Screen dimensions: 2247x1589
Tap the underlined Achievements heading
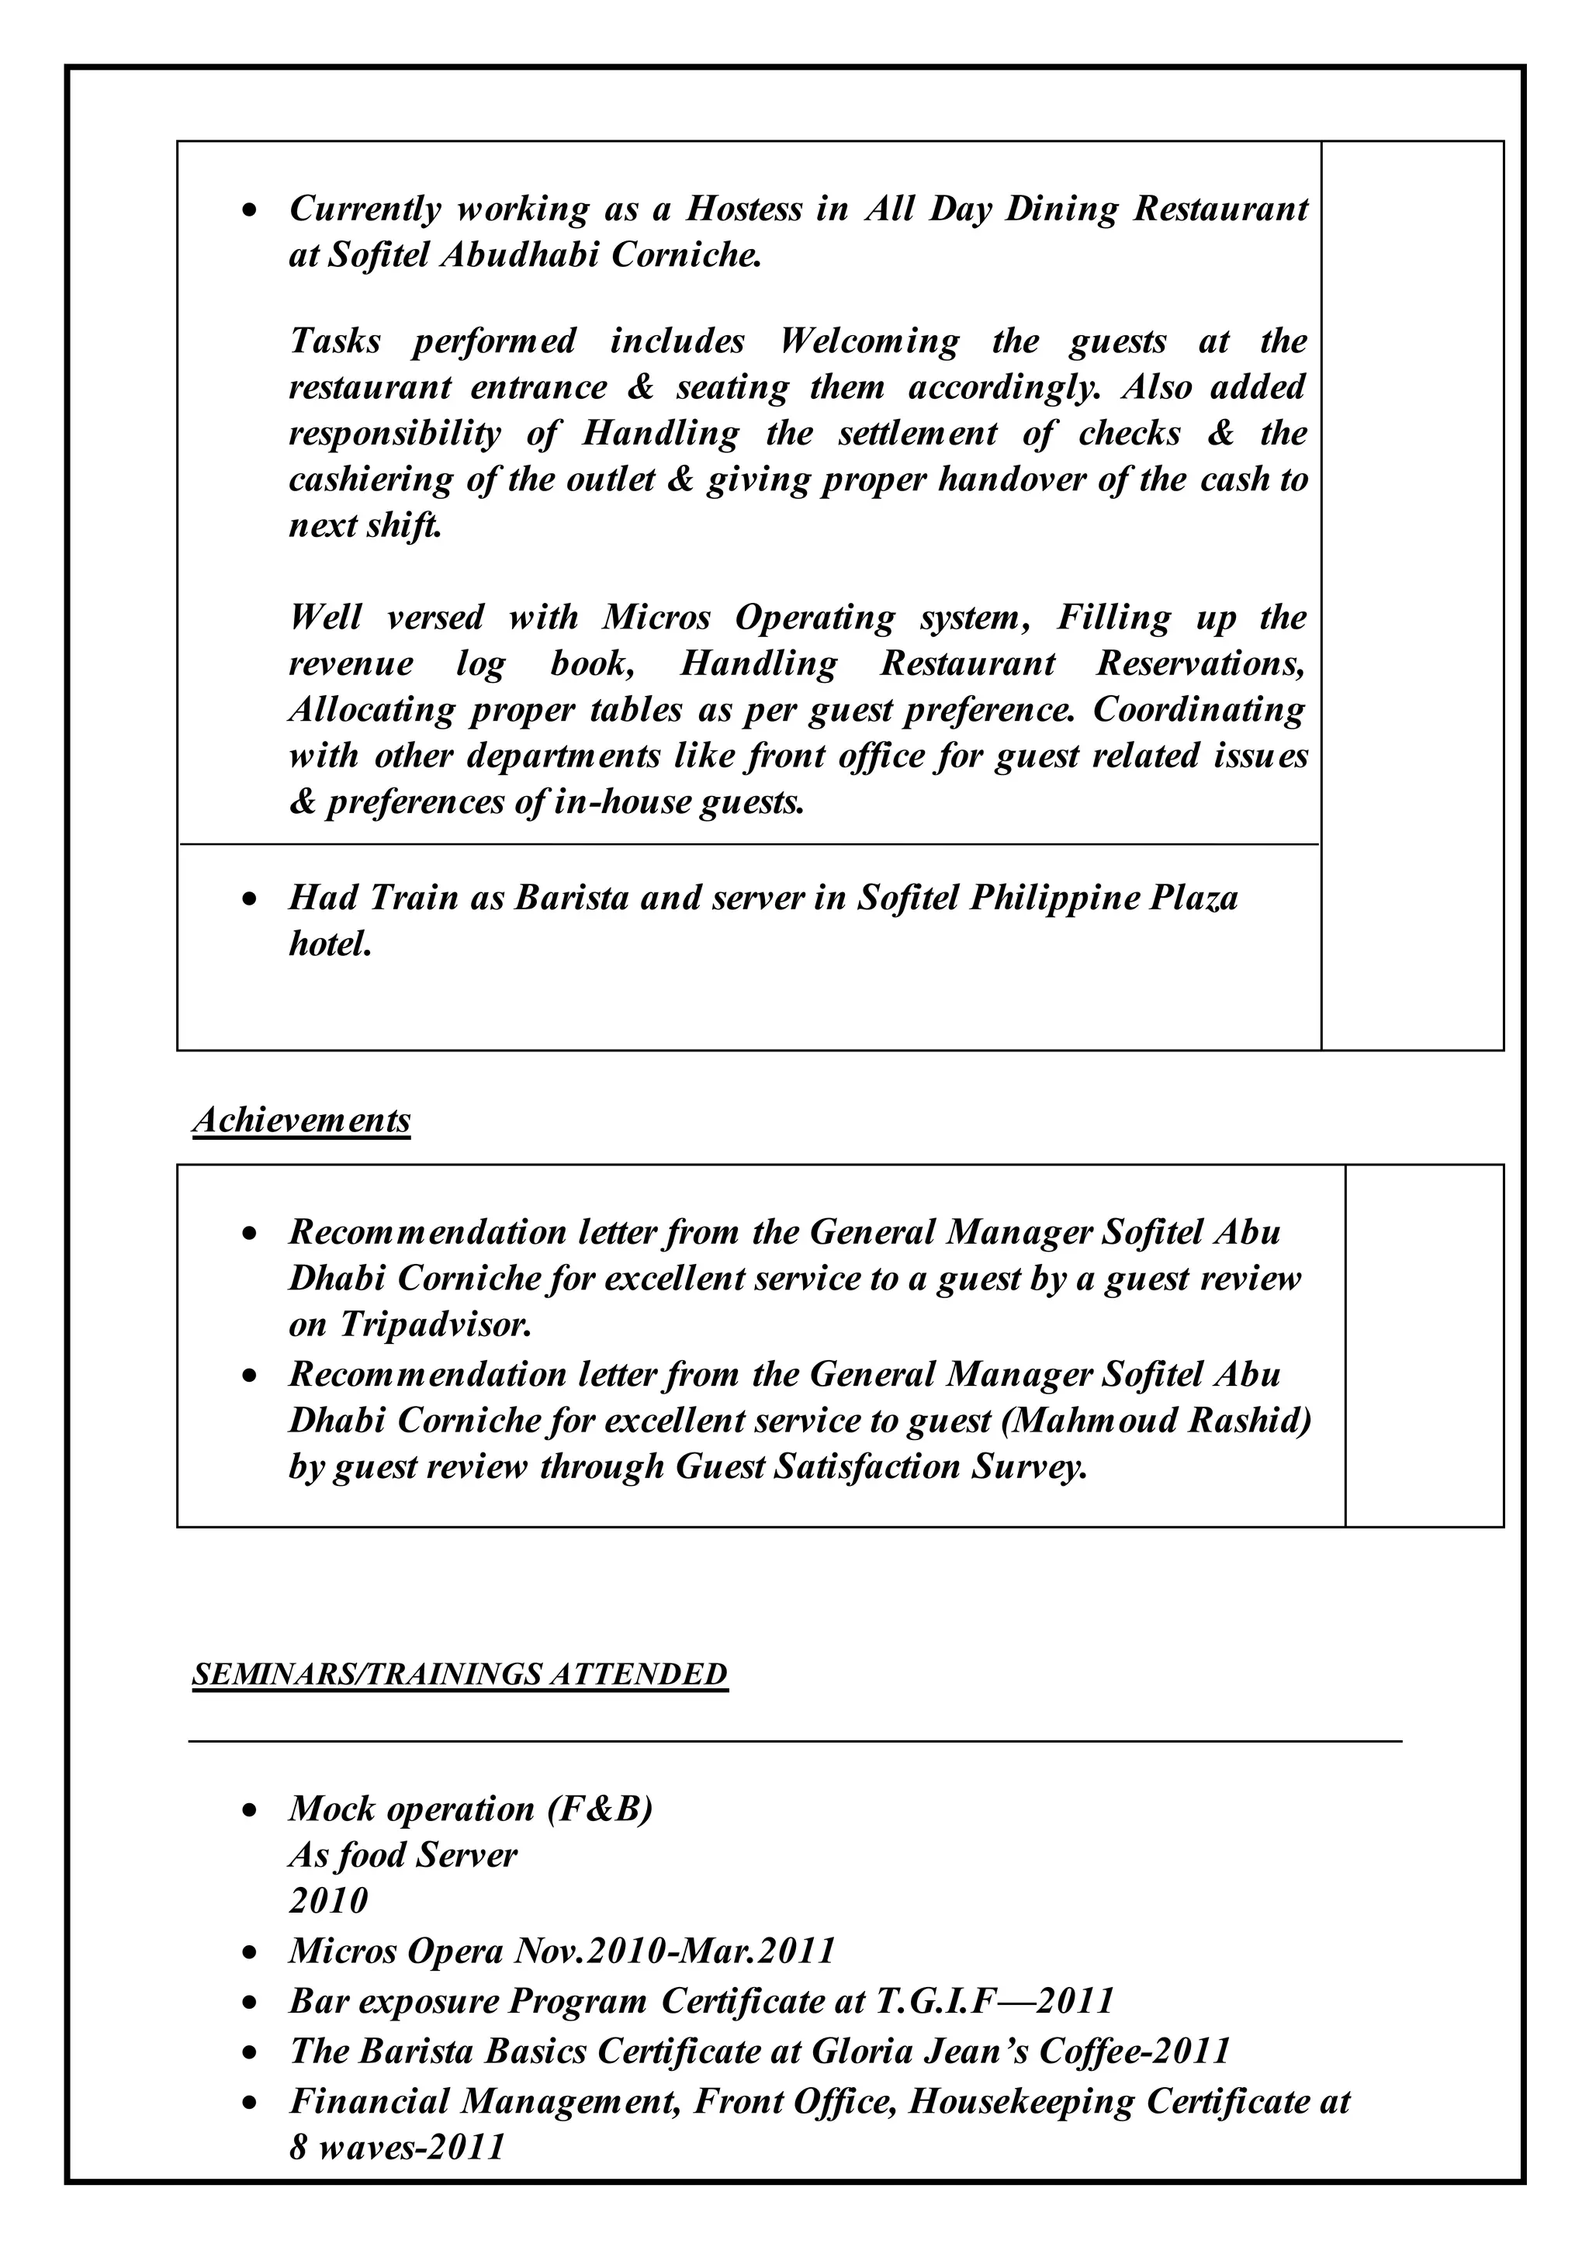[x=301, y=1120]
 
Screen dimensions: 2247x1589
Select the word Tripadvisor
[x=435, y=1324]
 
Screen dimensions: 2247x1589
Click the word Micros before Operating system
[x=659, y=618]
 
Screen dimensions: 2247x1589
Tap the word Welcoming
[x=869, y=341]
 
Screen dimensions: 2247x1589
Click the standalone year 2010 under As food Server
[x=327, y=1900]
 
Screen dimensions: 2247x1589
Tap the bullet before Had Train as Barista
[x=251, y=898]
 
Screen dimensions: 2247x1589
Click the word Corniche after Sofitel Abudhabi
[x=685, y=254]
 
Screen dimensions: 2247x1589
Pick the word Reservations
[x=1200, y=663]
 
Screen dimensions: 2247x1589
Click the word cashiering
[x=372, y=480]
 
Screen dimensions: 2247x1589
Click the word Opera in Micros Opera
[x=454, y=1951]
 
